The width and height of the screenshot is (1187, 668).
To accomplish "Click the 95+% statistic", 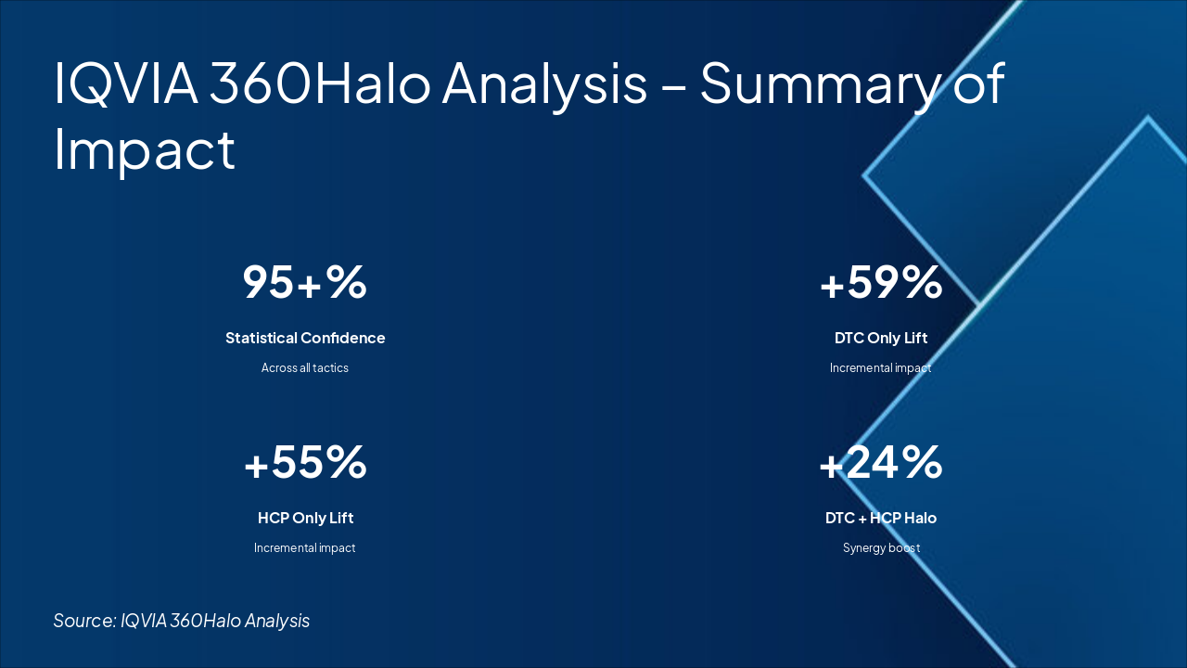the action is point(305,282).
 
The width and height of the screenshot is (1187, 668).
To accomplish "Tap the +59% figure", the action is point(881,282).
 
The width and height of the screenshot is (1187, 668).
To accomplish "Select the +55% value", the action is point(305,462).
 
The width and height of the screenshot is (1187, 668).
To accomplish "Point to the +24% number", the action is point(881,462).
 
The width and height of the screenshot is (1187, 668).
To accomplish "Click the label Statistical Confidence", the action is point(305,338).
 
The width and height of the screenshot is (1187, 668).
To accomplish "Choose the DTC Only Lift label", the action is point(881,338).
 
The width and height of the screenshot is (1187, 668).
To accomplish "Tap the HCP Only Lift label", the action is point(305,518).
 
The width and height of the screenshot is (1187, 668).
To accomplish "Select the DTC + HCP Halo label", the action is point(881,518).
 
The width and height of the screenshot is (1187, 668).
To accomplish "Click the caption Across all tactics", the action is point(305,368).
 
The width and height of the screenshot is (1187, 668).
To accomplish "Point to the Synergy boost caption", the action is point(881,548).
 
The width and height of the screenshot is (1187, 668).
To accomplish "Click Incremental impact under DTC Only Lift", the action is point(880,368).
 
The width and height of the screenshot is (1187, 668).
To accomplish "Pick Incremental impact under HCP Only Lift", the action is point(305,548).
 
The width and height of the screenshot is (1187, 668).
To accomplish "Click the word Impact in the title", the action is point(144,151).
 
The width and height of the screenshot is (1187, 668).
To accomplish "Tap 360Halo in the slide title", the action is point(320,83).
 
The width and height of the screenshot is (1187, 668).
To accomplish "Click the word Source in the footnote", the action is point(84,621).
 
